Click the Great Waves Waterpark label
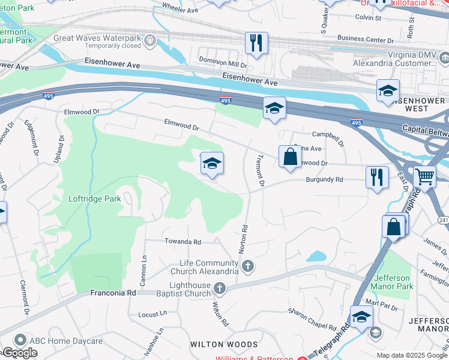pos(96,37)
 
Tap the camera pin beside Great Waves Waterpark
pos(149,41)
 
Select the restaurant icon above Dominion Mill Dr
pos(256,43)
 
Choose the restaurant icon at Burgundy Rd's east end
pos(377,177)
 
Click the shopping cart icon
pos(424,177)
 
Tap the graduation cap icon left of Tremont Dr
pos(211,163)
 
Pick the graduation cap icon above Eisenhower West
pos(388,91)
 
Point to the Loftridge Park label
pos(95,199)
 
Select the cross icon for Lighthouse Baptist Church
pos(220,289)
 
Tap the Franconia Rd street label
pos(113,293)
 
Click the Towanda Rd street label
pos(183,241)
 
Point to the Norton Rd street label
pos(244,238)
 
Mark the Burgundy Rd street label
pos(324,179)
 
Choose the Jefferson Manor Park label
pos(393,282)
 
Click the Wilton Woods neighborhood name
pos(224,344)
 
